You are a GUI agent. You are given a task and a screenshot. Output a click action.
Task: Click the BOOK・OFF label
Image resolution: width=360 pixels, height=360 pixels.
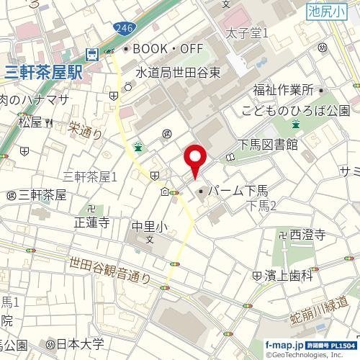pyautogui.click(x=163, y=50)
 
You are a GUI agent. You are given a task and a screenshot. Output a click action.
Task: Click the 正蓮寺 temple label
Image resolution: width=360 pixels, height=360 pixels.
pyautogui.click(x=91, y=222)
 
